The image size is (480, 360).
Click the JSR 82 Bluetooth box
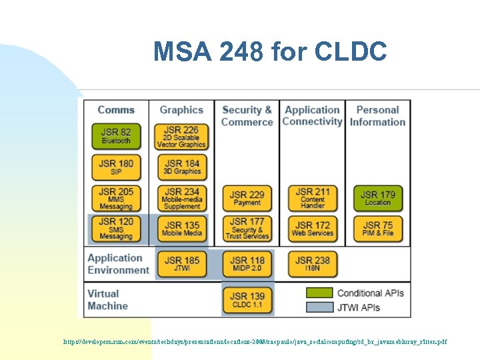(116, 135)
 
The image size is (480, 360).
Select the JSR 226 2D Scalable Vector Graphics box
(181, 136)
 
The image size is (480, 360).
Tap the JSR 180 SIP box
(116, 167)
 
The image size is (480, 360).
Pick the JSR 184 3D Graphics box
(181, 167)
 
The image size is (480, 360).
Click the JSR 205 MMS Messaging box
(116, 198)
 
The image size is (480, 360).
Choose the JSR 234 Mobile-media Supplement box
(181, 198)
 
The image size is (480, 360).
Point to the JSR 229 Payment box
(247, 198)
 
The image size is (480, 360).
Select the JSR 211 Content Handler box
(312, 198)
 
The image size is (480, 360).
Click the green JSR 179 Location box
(377, 198)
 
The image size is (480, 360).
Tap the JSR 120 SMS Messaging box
(116, 229)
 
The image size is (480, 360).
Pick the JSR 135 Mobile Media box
(181, 229)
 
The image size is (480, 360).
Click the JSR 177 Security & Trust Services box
(247, 229)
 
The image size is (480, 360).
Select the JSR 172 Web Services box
(312, 229)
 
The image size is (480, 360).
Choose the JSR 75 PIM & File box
(377, 229)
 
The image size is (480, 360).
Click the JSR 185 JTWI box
(181, 263)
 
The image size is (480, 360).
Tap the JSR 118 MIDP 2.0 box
(247, 263)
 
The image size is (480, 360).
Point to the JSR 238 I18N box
(312, 263)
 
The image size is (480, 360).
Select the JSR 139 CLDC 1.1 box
(247, 299)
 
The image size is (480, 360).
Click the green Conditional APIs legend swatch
(319, 293)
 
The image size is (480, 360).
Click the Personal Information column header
(377, 116)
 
